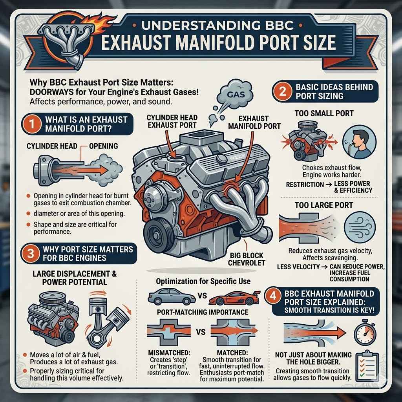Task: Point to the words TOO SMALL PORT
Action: (324, 113)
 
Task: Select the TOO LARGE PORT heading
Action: (324, 205)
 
